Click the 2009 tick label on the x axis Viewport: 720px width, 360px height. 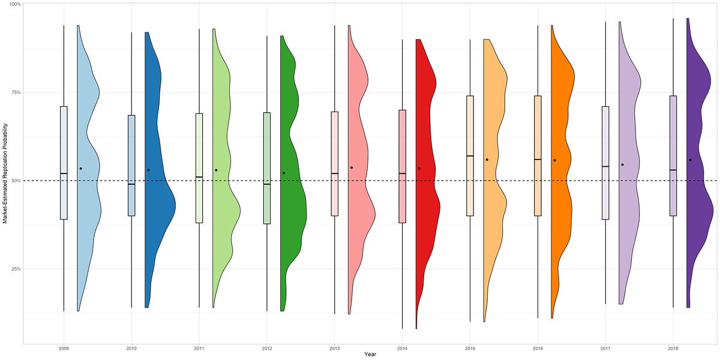(x=64, y=348)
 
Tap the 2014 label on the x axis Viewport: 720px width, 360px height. (x=402, y=348)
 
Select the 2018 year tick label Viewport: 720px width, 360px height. (x=673, y=348)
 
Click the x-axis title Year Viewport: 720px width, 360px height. (x=370, y=355)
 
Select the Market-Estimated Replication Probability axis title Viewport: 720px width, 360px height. (x=5, y=174)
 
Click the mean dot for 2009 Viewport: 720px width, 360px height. (x=80, y=169)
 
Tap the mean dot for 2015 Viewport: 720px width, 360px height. (x=487, y=160)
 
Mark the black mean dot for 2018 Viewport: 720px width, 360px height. (x=690, y=160)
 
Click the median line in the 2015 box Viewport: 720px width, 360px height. (x=470, y=156)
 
